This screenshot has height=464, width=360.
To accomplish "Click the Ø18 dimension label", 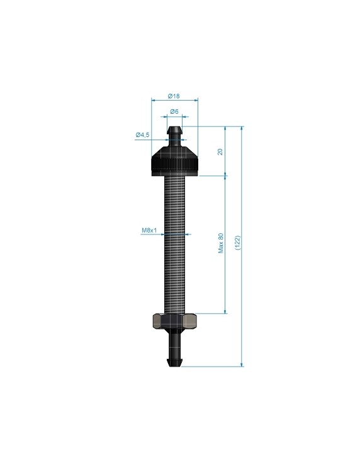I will [174, 96].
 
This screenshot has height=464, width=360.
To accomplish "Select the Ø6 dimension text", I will [174, 111].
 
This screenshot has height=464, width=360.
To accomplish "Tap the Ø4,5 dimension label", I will [142, 135].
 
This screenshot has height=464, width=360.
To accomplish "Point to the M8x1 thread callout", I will [149, 231].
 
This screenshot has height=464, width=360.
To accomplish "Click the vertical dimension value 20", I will [220, 152].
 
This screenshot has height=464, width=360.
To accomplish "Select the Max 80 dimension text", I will [221, 243].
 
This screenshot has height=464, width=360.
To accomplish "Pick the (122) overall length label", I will [237, 243].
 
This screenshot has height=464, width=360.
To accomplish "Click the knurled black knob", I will [174, 162].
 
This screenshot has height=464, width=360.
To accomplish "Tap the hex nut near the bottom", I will [174, 322].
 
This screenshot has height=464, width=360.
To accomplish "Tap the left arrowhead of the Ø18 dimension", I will [154, 99].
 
